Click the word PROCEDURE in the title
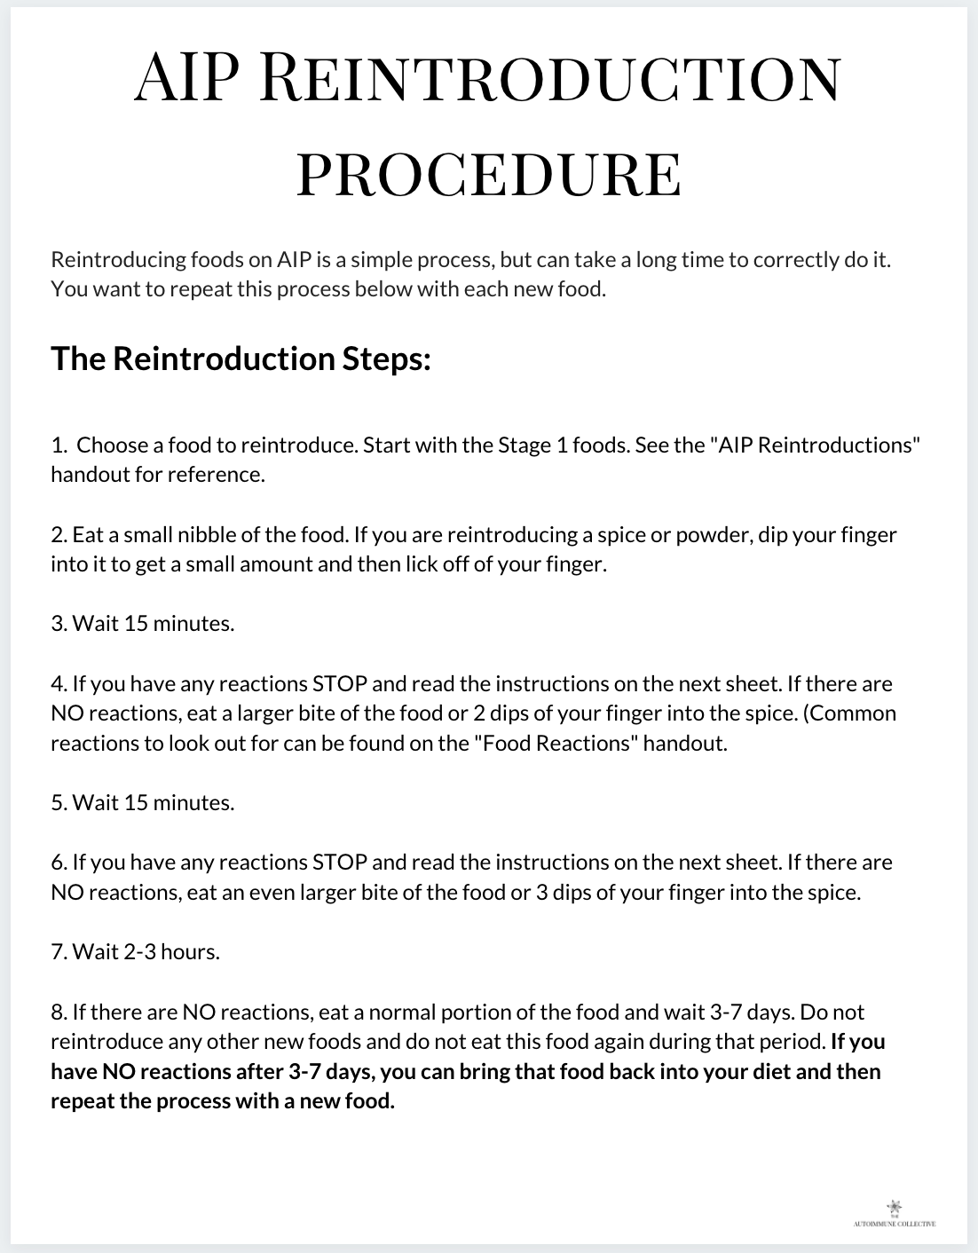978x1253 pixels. [489, 175]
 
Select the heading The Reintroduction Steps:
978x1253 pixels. [241, 359]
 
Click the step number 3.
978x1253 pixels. [58, 624]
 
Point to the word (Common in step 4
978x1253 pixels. [849, 713]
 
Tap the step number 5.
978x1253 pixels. [58, 803]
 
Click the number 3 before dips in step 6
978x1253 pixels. [541, 892]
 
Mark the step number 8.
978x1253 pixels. [58, 1012]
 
